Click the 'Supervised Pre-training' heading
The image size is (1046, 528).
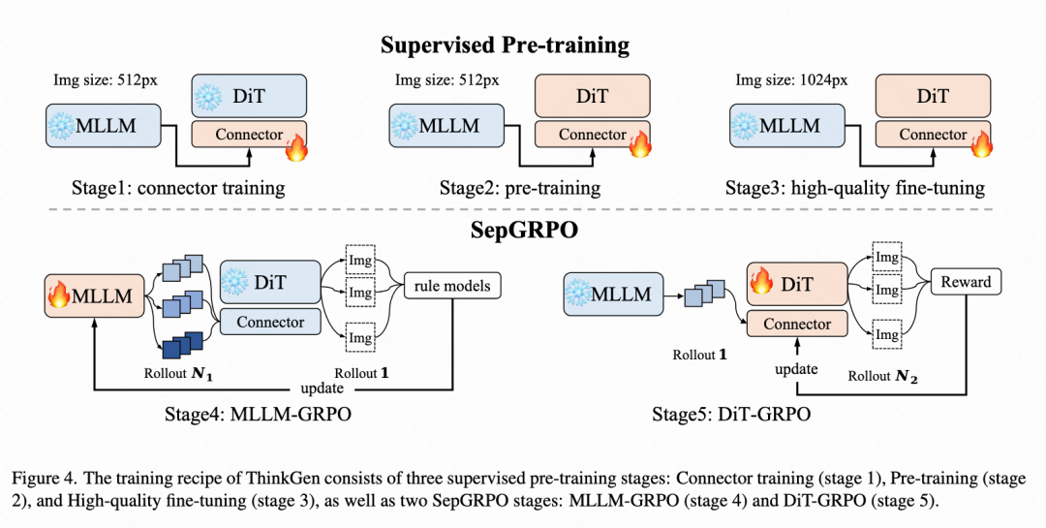click(x=504, y=45)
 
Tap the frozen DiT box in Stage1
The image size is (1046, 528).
click(x=250, y=97)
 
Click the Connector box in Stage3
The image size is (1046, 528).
click(x=933, y=136)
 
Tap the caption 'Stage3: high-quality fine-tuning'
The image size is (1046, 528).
click(x=854, y=188)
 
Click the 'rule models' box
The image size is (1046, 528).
click(x=451, y=285)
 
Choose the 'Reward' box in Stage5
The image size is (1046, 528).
click(x=966, y=282)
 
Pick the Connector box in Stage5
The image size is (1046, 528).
click(x=797, y=324)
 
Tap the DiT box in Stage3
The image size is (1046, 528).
click(x=933, y=97)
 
